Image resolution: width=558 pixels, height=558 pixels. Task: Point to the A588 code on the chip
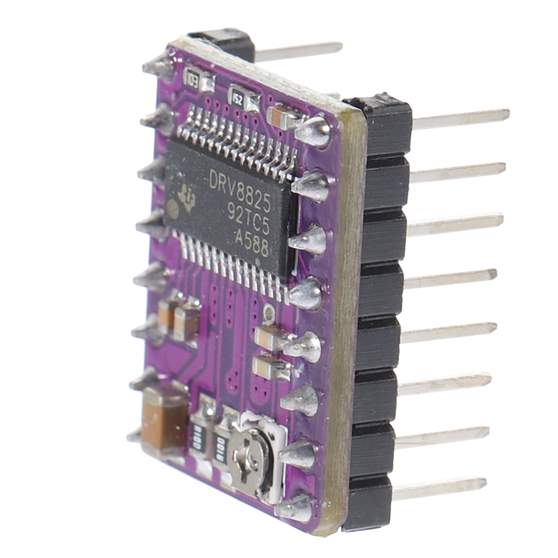click(252, 240)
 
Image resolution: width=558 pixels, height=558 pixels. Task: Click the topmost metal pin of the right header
click(460, 117)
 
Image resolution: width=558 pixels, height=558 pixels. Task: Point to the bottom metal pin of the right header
click(439, 487)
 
